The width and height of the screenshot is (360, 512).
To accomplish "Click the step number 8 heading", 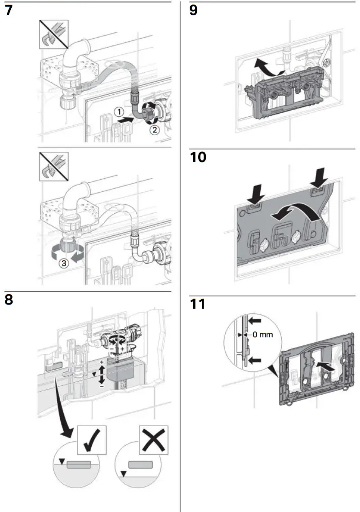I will (9, 299).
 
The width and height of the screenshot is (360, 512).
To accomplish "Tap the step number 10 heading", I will (198, 158).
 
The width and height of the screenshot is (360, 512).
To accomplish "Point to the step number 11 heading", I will (197, 304).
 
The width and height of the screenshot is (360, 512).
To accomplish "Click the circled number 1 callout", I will (117, 111).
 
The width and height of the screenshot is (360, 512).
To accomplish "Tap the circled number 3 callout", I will (65, 264).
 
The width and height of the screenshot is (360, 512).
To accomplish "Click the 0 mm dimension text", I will (262, 335).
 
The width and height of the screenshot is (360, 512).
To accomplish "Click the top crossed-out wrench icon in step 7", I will (53, 33).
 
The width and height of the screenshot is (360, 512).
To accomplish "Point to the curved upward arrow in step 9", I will (266, 68).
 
